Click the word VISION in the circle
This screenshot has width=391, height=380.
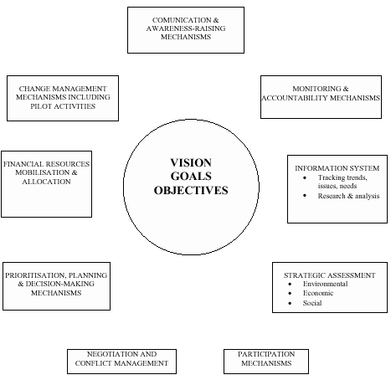191,162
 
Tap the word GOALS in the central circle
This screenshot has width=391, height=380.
191,177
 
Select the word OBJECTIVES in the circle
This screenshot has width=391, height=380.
191,190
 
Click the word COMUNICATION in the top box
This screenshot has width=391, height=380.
182,20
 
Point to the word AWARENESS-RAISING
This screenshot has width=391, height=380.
186,28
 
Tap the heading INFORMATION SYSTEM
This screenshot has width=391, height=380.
337,168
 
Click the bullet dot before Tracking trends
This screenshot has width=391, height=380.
305,177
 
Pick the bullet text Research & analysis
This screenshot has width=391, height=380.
348,196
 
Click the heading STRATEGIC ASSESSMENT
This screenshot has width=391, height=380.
330,275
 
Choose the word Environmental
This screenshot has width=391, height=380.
326,284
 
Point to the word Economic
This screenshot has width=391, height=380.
318,293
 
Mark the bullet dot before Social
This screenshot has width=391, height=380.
290,303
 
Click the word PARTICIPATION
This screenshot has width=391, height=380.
266,354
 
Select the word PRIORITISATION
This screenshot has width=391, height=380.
35,275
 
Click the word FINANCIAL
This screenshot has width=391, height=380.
23,164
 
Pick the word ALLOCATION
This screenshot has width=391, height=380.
46,182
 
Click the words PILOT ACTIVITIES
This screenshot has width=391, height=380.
63,106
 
